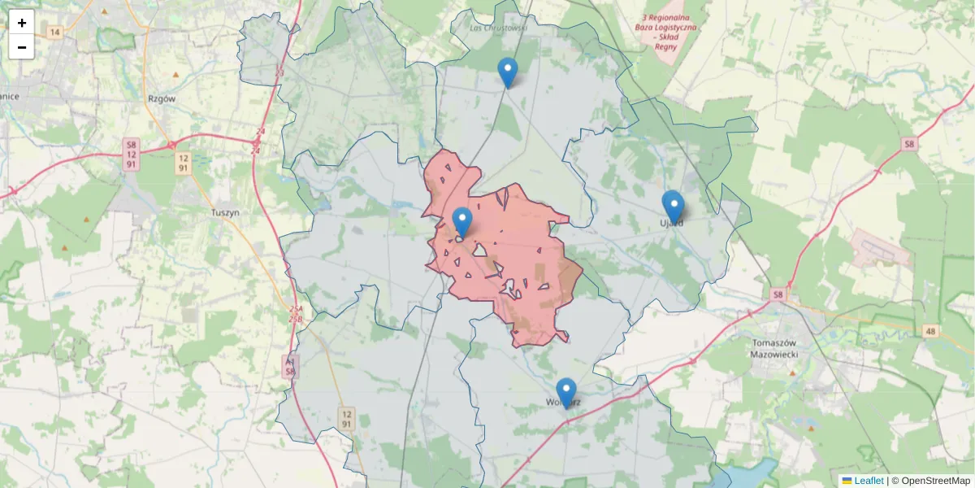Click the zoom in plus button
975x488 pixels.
[22, 23]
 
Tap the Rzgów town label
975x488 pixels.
[162, 98]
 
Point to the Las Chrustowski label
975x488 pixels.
[499, 27]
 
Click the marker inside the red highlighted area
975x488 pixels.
[461, 222]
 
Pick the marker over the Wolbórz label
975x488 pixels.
[566, 393]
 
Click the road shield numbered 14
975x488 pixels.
[54, 33]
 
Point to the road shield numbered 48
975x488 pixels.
[929, 331]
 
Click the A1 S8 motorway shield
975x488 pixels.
[290, 366]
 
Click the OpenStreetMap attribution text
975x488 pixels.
[935, 481]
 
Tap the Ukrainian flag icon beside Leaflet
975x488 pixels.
[847, 481]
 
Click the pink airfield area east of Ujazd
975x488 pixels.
[882, 249]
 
